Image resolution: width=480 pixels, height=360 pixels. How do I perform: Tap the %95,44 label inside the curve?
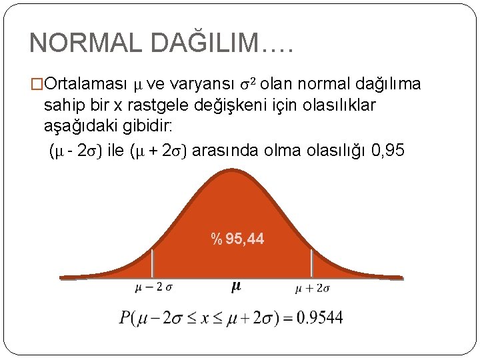237,239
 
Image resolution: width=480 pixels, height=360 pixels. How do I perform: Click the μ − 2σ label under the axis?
154,288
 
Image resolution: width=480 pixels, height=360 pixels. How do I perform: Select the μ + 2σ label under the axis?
313,288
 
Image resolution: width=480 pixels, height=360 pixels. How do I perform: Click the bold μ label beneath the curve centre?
235,287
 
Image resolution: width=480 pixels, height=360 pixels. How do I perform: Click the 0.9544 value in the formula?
321,318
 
